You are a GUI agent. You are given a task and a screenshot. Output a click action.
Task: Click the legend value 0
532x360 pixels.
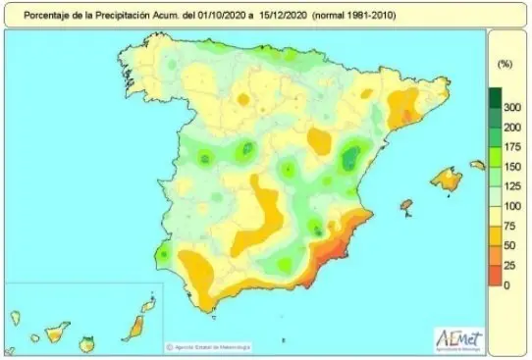(505, 284)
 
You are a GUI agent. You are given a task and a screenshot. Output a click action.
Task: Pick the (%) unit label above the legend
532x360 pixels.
(505, 64)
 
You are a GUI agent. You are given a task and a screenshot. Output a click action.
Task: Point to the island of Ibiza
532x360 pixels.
(403, 204)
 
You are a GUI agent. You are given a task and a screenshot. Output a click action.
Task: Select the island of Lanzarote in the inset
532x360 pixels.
(148, 305)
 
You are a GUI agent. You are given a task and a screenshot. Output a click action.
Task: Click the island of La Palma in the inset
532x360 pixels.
(16, 318)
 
